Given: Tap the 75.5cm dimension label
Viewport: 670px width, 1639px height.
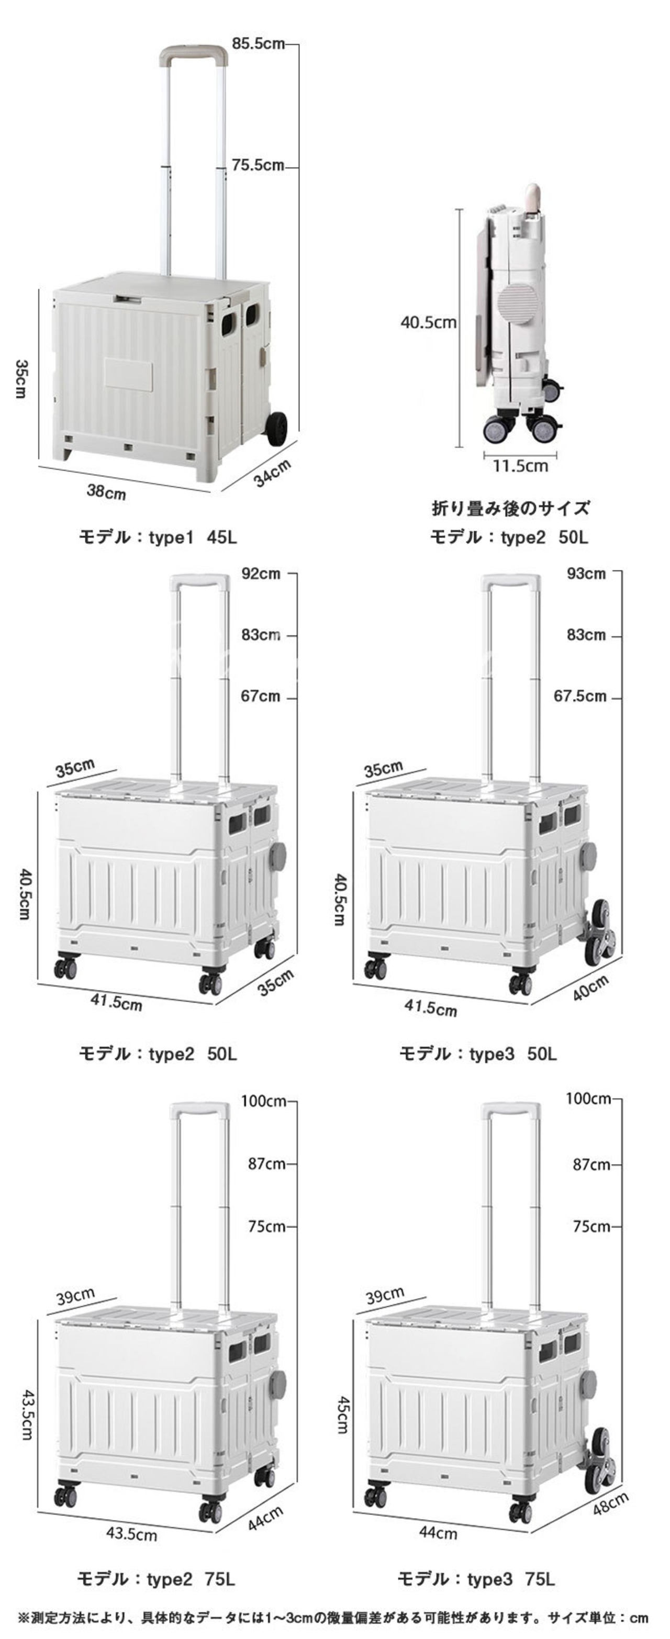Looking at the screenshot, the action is point(257,165).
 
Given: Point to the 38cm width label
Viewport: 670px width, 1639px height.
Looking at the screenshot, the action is point(106,491).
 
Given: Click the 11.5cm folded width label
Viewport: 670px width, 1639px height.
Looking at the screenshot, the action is point(520,466).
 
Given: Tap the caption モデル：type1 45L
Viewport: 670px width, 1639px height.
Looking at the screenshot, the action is point(158,537).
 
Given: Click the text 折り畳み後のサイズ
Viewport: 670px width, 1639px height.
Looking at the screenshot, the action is point(510,508).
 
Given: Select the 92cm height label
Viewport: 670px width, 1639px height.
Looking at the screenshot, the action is point(260,573).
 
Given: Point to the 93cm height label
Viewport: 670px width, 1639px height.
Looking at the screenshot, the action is point(586,573).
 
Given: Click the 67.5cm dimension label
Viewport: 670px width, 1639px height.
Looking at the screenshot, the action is point(579,696).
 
